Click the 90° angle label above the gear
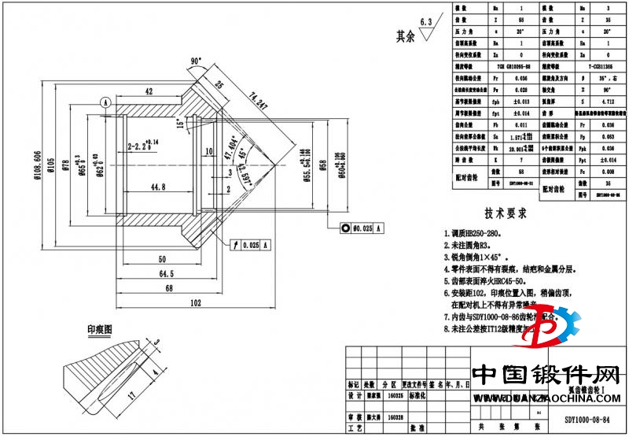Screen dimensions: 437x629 point(196,60)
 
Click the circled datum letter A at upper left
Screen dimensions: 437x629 point(105,102)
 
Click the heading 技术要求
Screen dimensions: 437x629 point(504,213)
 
